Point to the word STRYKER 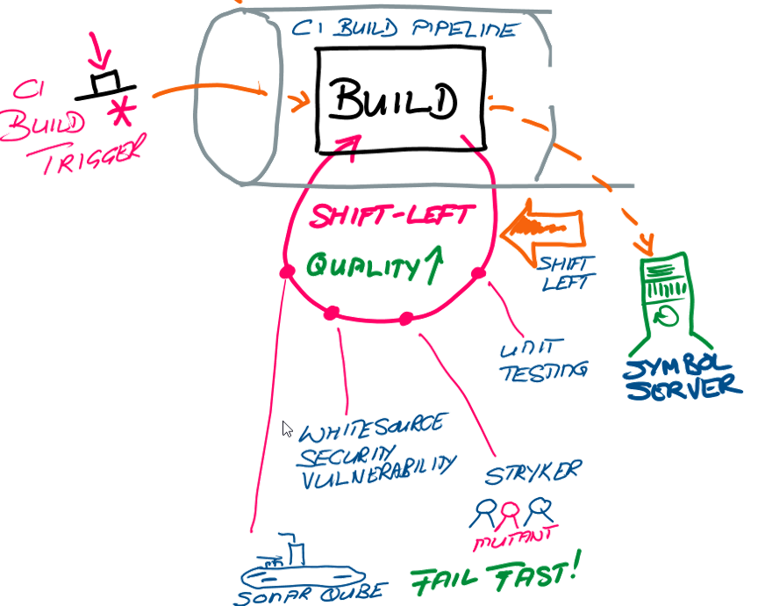(x=532, y=473)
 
